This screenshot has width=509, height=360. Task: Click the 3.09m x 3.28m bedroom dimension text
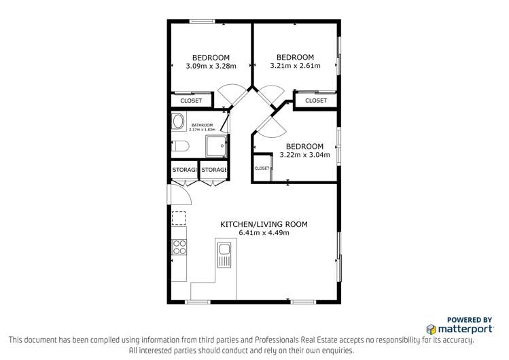pos(211,67)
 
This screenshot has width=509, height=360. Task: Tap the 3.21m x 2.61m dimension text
pos(295,66)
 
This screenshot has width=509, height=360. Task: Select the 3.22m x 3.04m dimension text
pos(304,155)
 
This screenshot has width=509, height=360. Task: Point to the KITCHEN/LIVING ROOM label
pos(264,224)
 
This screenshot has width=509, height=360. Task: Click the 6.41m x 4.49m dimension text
pos(264,233)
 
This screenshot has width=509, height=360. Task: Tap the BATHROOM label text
pos(202,125)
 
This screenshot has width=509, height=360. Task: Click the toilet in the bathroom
pos(180,146)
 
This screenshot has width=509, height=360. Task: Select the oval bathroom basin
pos(178,122)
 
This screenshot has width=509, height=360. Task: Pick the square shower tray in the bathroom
pos(216,146)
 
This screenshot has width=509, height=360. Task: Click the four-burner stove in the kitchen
pos(179,246)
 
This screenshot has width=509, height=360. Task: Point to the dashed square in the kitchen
pos(179,218)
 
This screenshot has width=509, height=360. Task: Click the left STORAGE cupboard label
pos(183,170)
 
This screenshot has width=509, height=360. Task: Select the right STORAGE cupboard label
pos(213,170)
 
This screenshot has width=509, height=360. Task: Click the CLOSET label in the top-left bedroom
pos(191,101)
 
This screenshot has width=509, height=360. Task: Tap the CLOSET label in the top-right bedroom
pos(315,101)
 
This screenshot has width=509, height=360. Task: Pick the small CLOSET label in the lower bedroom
pos(262,168)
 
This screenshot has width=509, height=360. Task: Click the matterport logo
pos(459,328)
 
